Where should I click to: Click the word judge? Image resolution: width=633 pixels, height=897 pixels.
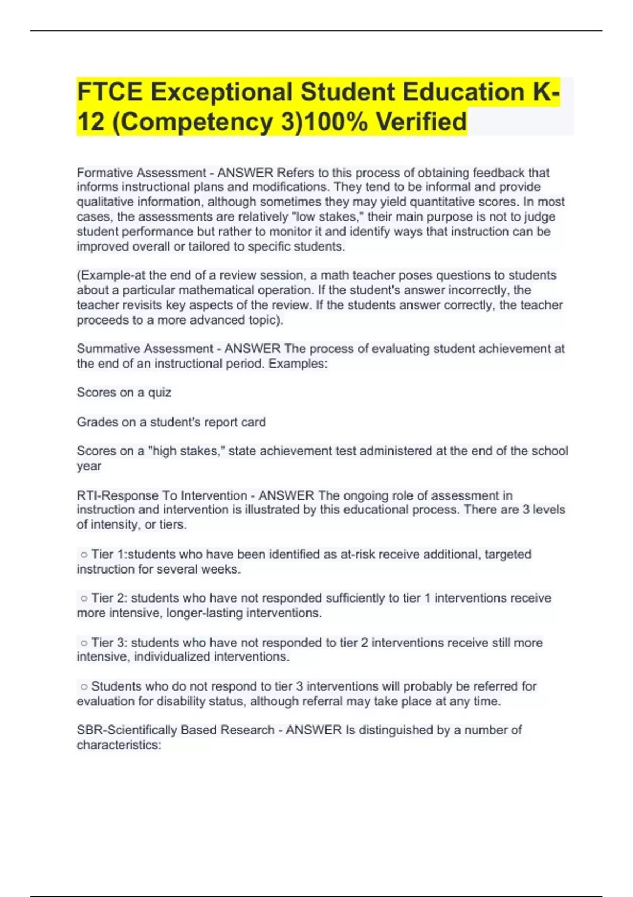(x=540, y=217)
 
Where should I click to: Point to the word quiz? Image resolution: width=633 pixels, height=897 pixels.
(x=160, y=393)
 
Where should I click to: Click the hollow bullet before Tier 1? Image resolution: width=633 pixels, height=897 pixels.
(x=84, y=555)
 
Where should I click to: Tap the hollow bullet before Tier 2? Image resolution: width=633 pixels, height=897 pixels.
(x=84, y=598)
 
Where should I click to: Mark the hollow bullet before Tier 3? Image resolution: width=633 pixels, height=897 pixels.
(x=84, y=643)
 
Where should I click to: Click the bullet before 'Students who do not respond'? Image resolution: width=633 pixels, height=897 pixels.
(x=84, y=687)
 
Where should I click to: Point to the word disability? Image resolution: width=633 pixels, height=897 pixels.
(x=309, y=701)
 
